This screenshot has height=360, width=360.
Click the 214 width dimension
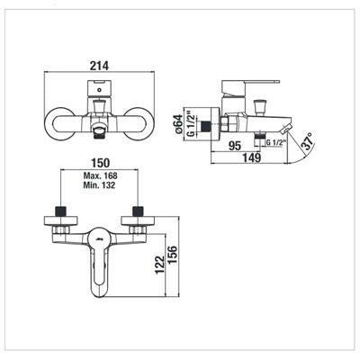[x=99, y=66]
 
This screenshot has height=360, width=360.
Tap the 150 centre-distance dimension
[x=101, y=163]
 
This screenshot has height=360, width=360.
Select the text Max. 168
[x=100, y=175]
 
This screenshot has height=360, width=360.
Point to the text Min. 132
[x=99, y=185]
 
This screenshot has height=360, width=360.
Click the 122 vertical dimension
[x=160, y=264]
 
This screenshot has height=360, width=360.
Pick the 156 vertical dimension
[x=173, y=255]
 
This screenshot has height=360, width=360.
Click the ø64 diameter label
[x=178, y=124]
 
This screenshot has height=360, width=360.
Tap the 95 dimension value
[x=235, y=146]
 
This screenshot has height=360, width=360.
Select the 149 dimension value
[x=251, y=157]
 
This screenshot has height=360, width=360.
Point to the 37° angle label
[x=309, y=141]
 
